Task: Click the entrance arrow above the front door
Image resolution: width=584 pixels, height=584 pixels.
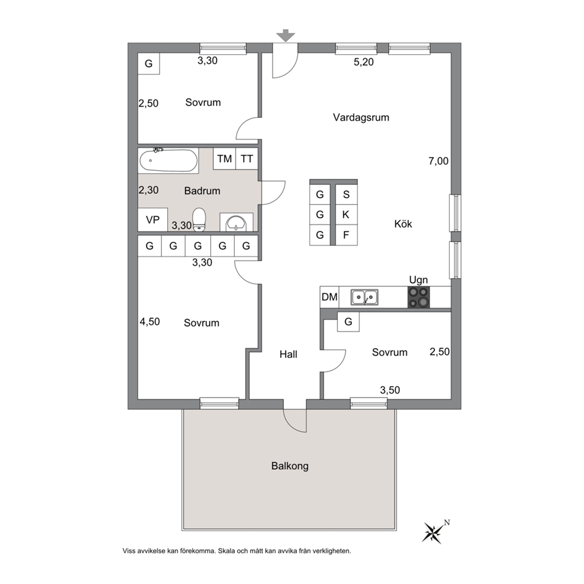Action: click(x=286, y=35)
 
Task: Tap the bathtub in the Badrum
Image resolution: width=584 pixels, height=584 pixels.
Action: click(x=168, y=161)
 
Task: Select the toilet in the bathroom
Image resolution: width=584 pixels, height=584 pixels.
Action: click(x=199, y=220)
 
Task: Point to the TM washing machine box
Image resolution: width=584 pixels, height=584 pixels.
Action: click(x=224, y=159)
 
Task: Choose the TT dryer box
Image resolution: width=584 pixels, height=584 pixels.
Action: click(x=247, y=159)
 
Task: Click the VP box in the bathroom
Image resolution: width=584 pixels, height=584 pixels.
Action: click(x=152, y=220)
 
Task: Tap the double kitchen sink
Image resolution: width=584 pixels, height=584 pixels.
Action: click(x=364, y=297)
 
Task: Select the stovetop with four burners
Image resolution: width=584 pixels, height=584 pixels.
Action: click(x=419, y=297)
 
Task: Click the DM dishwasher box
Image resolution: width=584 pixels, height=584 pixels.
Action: click(x=330, y=297)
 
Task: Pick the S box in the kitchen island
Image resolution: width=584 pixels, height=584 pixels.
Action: click(x=346, y=194)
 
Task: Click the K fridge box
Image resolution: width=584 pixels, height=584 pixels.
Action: click(x=346, y=214)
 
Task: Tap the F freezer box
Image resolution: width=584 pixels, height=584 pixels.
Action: click(x=346, y=235)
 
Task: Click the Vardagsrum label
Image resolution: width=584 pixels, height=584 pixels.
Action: click(x=361, y=118)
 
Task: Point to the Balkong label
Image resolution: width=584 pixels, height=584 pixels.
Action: click(x=290, y=466)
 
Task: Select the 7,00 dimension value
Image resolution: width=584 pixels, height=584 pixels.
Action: click(x=439, y=161)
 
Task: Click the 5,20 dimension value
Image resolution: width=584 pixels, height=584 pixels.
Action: click(x=363, y=62)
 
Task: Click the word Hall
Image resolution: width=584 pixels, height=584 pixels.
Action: click(x=288, y=354)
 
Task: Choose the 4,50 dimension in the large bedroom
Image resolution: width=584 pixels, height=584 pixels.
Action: click(x=150, y=322)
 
